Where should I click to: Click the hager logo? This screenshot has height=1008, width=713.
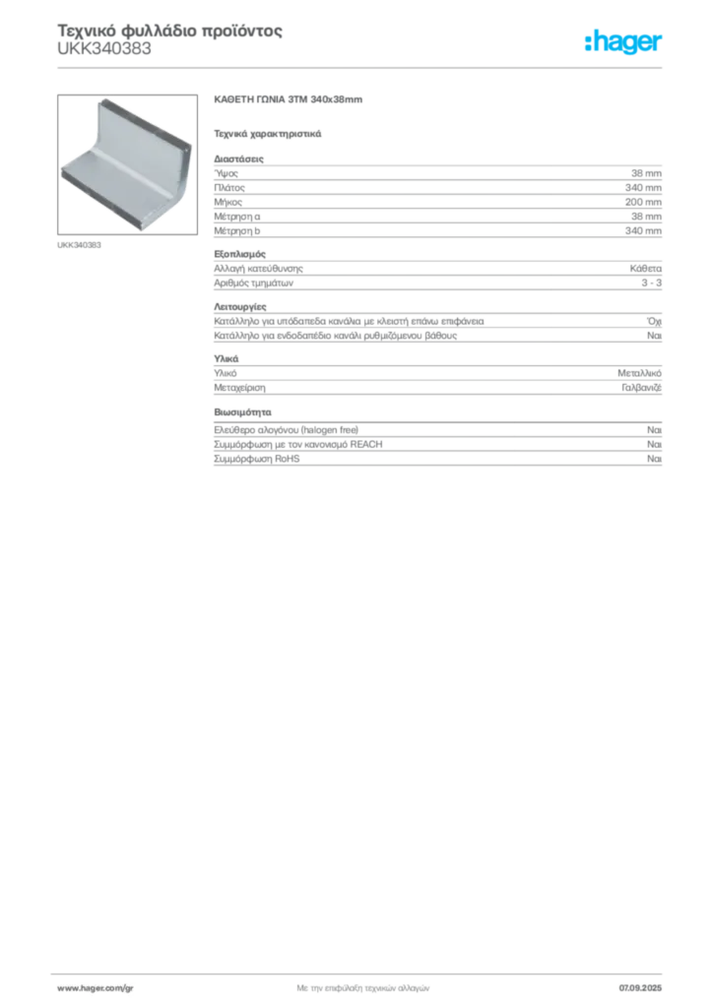pos(622,42)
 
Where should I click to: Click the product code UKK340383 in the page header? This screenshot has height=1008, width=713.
pos(104,49)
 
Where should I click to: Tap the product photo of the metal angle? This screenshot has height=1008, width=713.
pos(127,164)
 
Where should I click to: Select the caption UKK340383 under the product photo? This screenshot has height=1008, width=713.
pos(79,245)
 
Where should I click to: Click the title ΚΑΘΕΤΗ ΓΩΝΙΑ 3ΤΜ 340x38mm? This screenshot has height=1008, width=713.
pos(288,99)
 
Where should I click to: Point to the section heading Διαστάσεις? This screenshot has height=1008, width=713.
pos(238,158)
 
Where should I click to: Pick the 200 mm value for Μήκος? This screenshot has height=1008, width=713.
pos(643,202)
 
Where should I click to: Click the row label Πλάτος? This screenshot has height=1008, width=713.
pos(229,188)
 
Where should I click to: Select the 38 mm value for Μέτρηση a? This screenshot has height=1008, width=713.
pos(646,217)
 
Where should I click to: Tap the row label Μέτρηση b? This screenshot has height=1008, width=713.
pos(237,230)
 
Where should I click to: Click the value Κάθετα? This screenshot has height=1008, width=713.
pos(645,269)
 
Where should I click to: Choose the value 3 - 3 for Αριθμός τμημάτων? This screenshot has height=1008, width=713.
pos(651,283)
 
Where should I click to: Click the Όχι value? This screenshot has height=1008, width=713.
pos(654,321)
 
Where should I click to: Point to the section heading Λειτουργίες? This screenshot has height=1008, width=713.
pos(240,307)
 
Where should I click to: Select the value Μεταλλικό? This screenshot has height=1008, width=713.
pos(640,373)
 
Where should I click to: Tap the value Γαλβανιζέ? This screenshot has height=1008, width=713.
pos(642,388)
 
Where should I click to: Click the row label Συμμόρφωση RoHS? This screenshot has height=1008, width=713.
pos(256,459)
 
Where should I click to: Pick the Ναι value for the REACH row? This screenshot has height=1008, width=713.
pos(654,444)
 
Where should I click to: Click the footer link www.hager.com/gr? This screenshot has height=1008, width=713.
pos(96,988)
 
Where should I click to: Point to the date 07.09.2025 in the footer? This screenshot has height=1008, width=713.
pos(640,988)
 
